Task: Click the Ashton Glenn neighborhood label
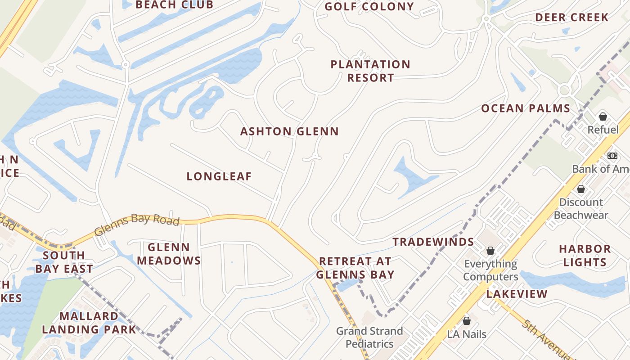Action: click(x=289, y=131)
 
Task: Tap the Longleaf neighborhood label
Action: click(x=219, y=176)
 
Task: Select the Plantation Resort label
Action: click(x=370, y=71)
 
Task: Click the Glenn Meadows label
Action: click(x=169, y=254)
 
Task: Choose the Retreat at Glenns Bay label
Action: click(x=355, y=268)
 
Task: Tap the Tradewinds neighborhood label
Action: click(x=433, y=242)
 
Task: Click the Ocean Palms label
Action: click(x=526, y=108)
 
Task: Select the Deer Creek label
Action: click(x=571, y=18)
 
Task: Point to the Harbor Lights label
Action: click(x=585, y=255)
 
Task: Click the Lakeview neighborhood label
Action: click(x=517, y=294)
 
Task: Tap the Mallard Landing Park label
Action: click(x=89, y=323)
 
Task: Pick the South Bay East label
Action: click(x=64, y=262)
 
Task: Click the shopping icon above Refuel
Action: click(x=603, y=117)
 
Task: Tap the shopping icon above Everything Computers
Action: click(x=490, y=250)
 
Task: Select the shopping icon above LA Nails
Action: click(x=467, y=321)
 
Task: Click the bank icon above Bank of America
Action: click(x=612, y=155)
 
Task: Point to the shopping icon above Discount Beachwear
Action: click(x=581, y=189)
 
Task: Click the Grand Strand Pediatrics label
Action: click(x=369, y=337)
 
